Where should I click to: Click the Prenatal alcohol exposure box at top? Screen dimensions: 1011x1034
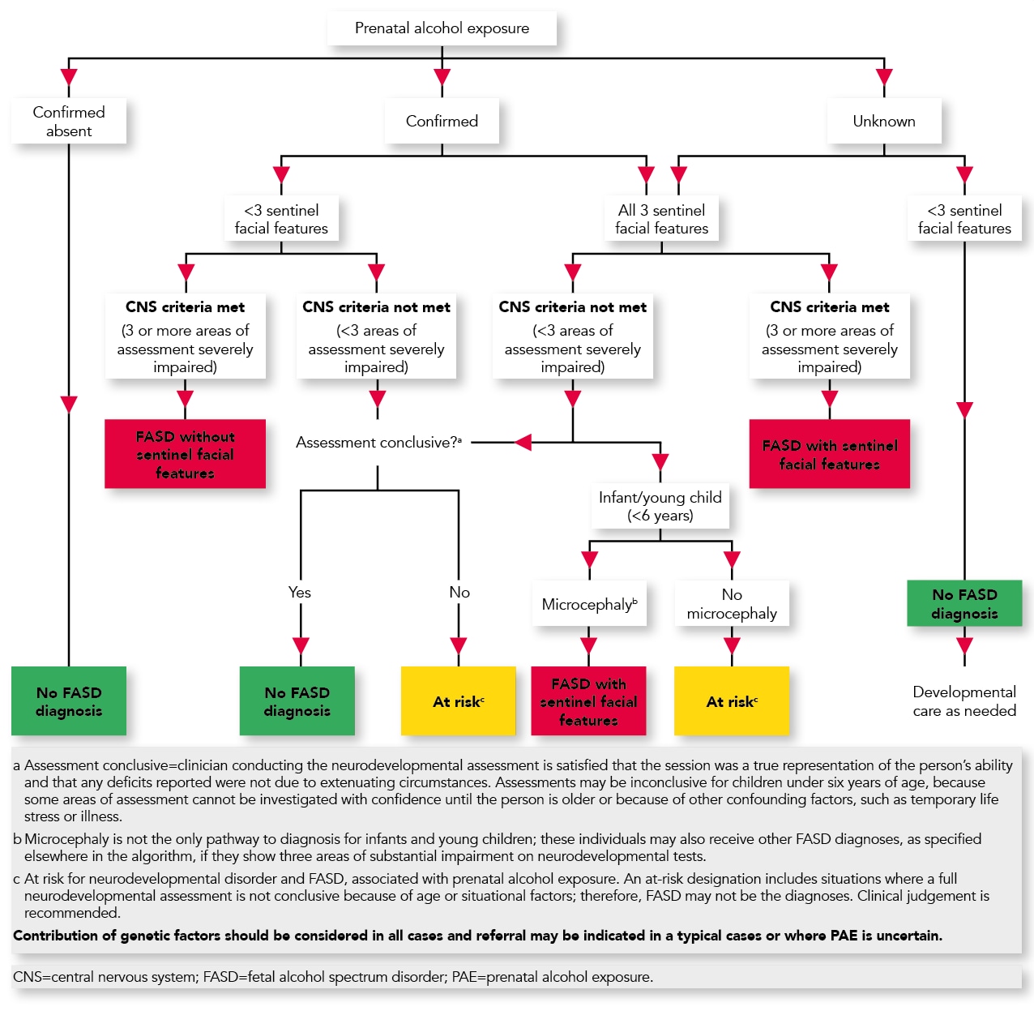(x=442, y=28)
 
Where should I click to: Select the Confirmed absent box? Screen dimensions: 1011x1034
(x=69, y=122)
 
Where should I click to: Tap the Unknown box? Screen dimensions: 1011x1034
(x=883, y=122)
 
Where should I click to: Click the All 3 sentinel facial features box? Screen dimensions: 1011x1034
(x=661, y=219)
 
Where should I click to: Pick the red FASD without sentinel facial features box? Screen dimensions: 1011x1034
(x=185, y=454)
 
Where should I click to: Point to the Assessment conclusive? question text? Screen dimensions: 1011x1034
(x=378, y=443)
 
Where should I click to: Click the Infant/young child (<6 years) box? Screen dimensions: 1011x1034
(x=660, y=507)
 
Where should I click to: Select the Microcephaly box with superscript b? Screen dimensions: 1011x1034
(x=589, y=605)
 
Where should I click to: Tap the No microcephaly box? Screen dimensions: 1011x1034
(x=731, y=604)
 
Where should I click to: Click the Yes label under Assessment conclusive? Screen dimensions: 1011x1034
(x=300, y=593)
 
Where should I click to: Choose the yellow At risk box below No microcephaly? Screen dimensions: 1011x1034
(x=731, y=701)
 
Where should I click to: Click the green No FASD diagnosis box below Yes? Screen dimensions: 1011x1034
(x=297, y=701)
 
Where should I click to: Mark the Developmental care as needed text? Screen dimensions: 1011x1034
(x=963, y=701)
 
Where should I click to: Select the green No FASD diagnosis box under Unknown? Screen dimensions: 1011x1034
(x=963, y=604)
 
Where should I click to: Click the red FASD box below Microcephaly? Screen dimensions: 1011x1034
(x=588, y=701)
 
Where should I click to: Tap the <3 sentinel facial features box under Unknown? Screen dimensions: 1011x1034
(x=963, y=219)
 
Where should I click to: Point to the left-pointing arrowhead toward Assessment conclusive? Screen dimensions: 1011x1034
(x=523, y=443)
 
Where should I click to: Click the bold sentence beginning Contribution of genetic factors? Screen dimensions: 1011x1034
(x=477, y=936)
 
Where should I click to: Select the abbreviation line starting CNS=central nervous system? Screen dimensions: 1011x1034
(x=333, y=977)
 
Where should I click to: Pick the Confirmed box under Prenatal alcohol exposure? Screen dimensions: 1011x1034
(x=442, y=122)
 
